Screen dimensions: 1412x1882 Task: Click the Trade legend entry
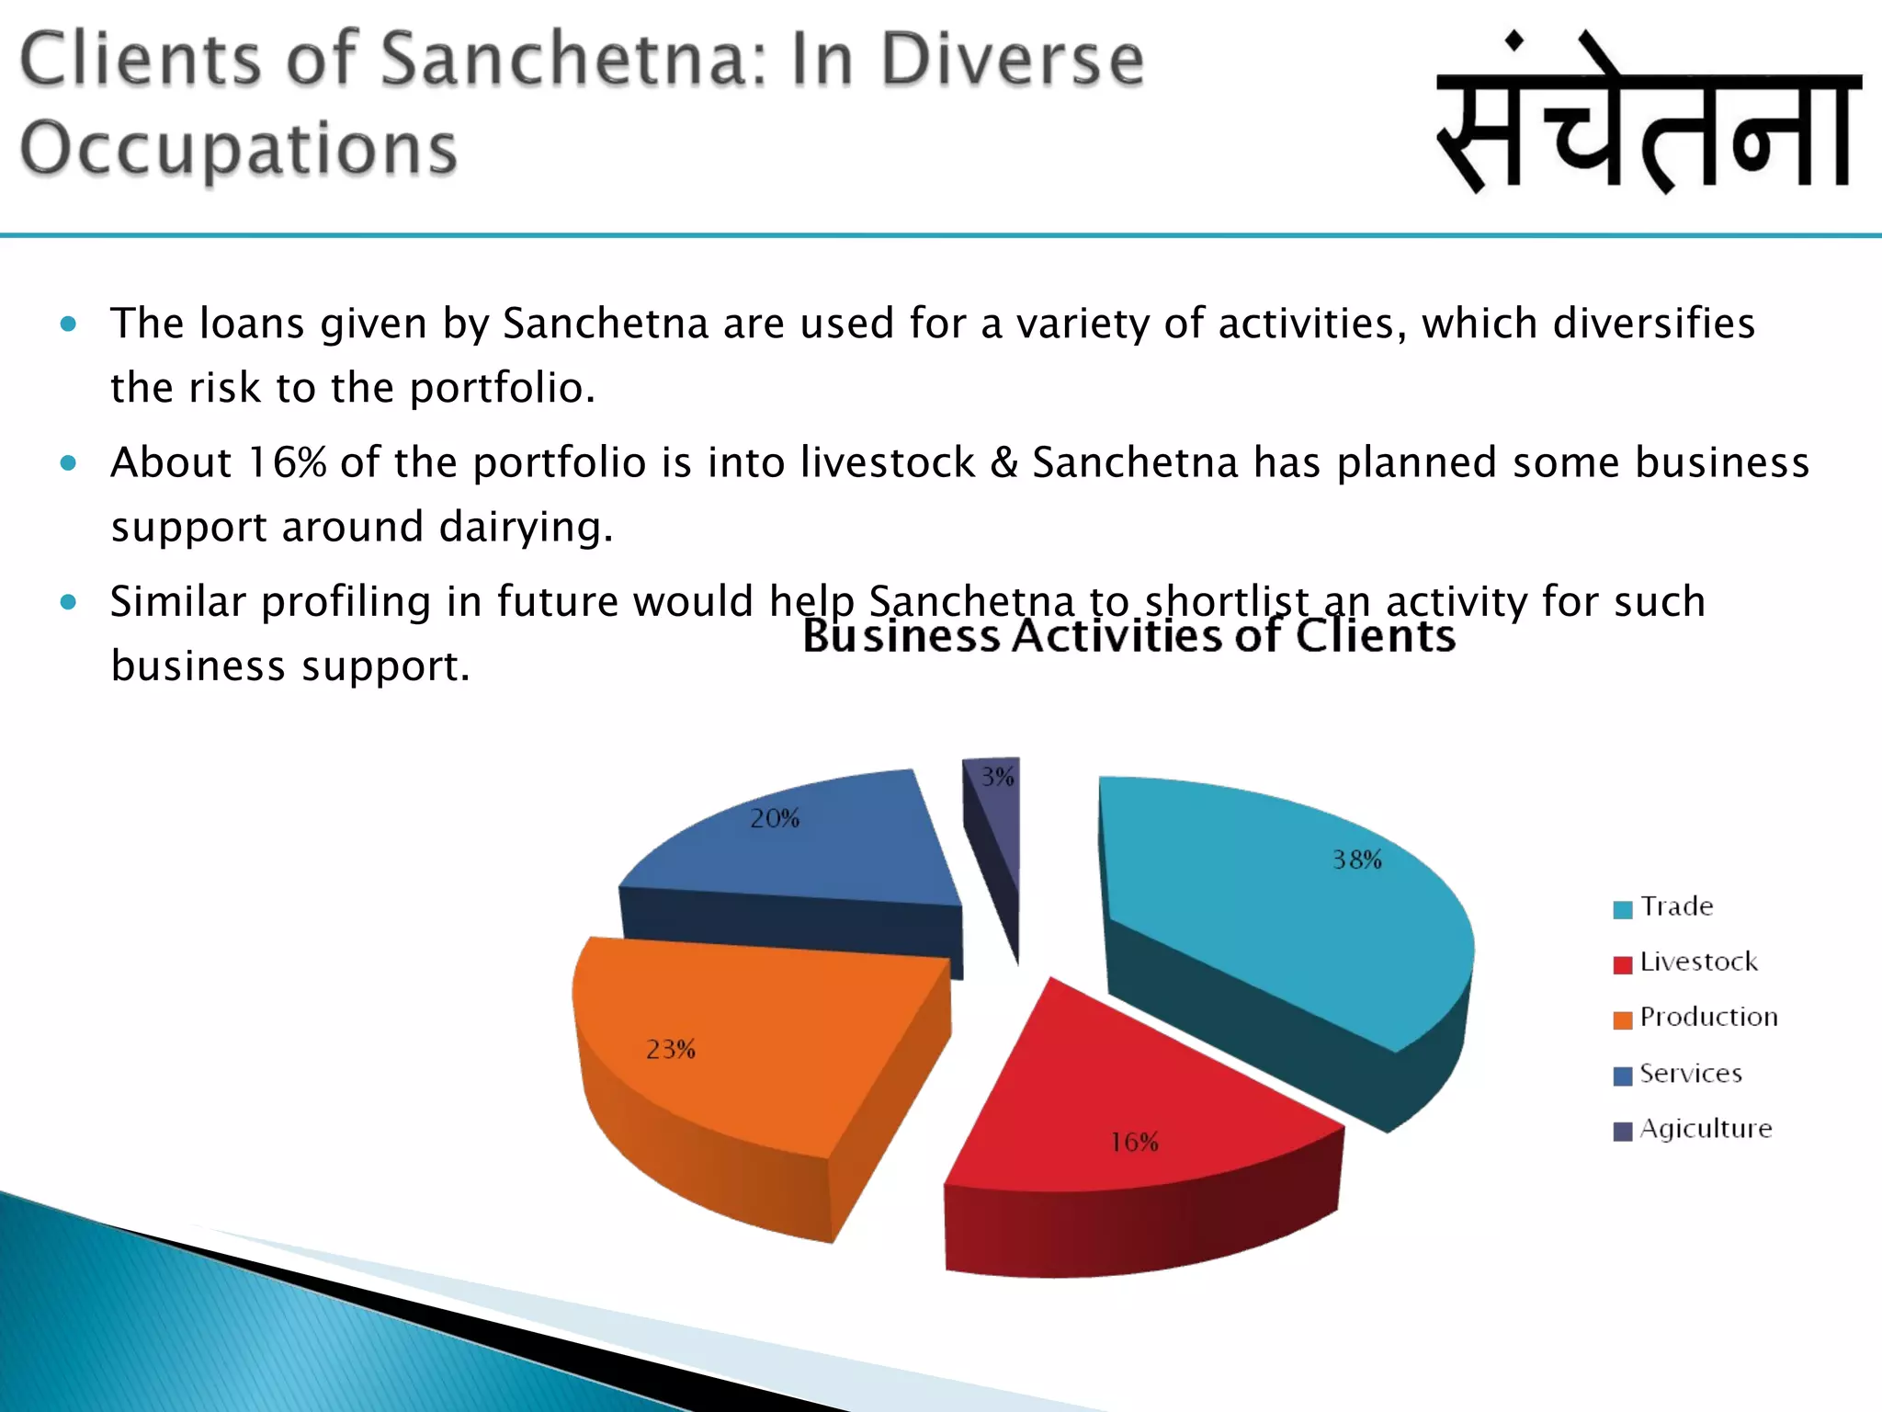[1663, 907]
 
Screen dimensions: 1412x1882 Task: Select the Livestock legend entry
[1685, 962]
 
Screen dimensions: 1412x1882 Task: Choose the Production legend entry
[1695, 1018]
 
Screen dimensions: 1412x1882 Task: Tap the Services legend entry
[1678, 1074]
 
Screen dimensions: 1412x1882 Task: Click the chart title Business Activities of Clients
[1128, 636]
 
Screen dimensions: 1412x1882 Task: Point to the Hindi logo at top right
[1649, 115]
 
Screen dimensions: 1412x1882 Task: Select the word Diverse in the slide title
[1012, 60]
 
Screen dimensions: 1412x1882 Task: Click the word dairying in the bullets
[525, 528]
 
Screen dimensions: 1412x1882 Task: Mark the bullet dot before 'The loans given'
[68, 324]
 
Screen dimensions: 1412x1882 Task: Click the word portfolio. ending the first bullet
[502, 389]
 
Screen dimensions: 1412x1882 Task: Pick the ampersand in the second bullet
[1003, 462]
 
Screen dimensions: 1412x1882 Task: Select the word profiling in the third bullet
[346, 603]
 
